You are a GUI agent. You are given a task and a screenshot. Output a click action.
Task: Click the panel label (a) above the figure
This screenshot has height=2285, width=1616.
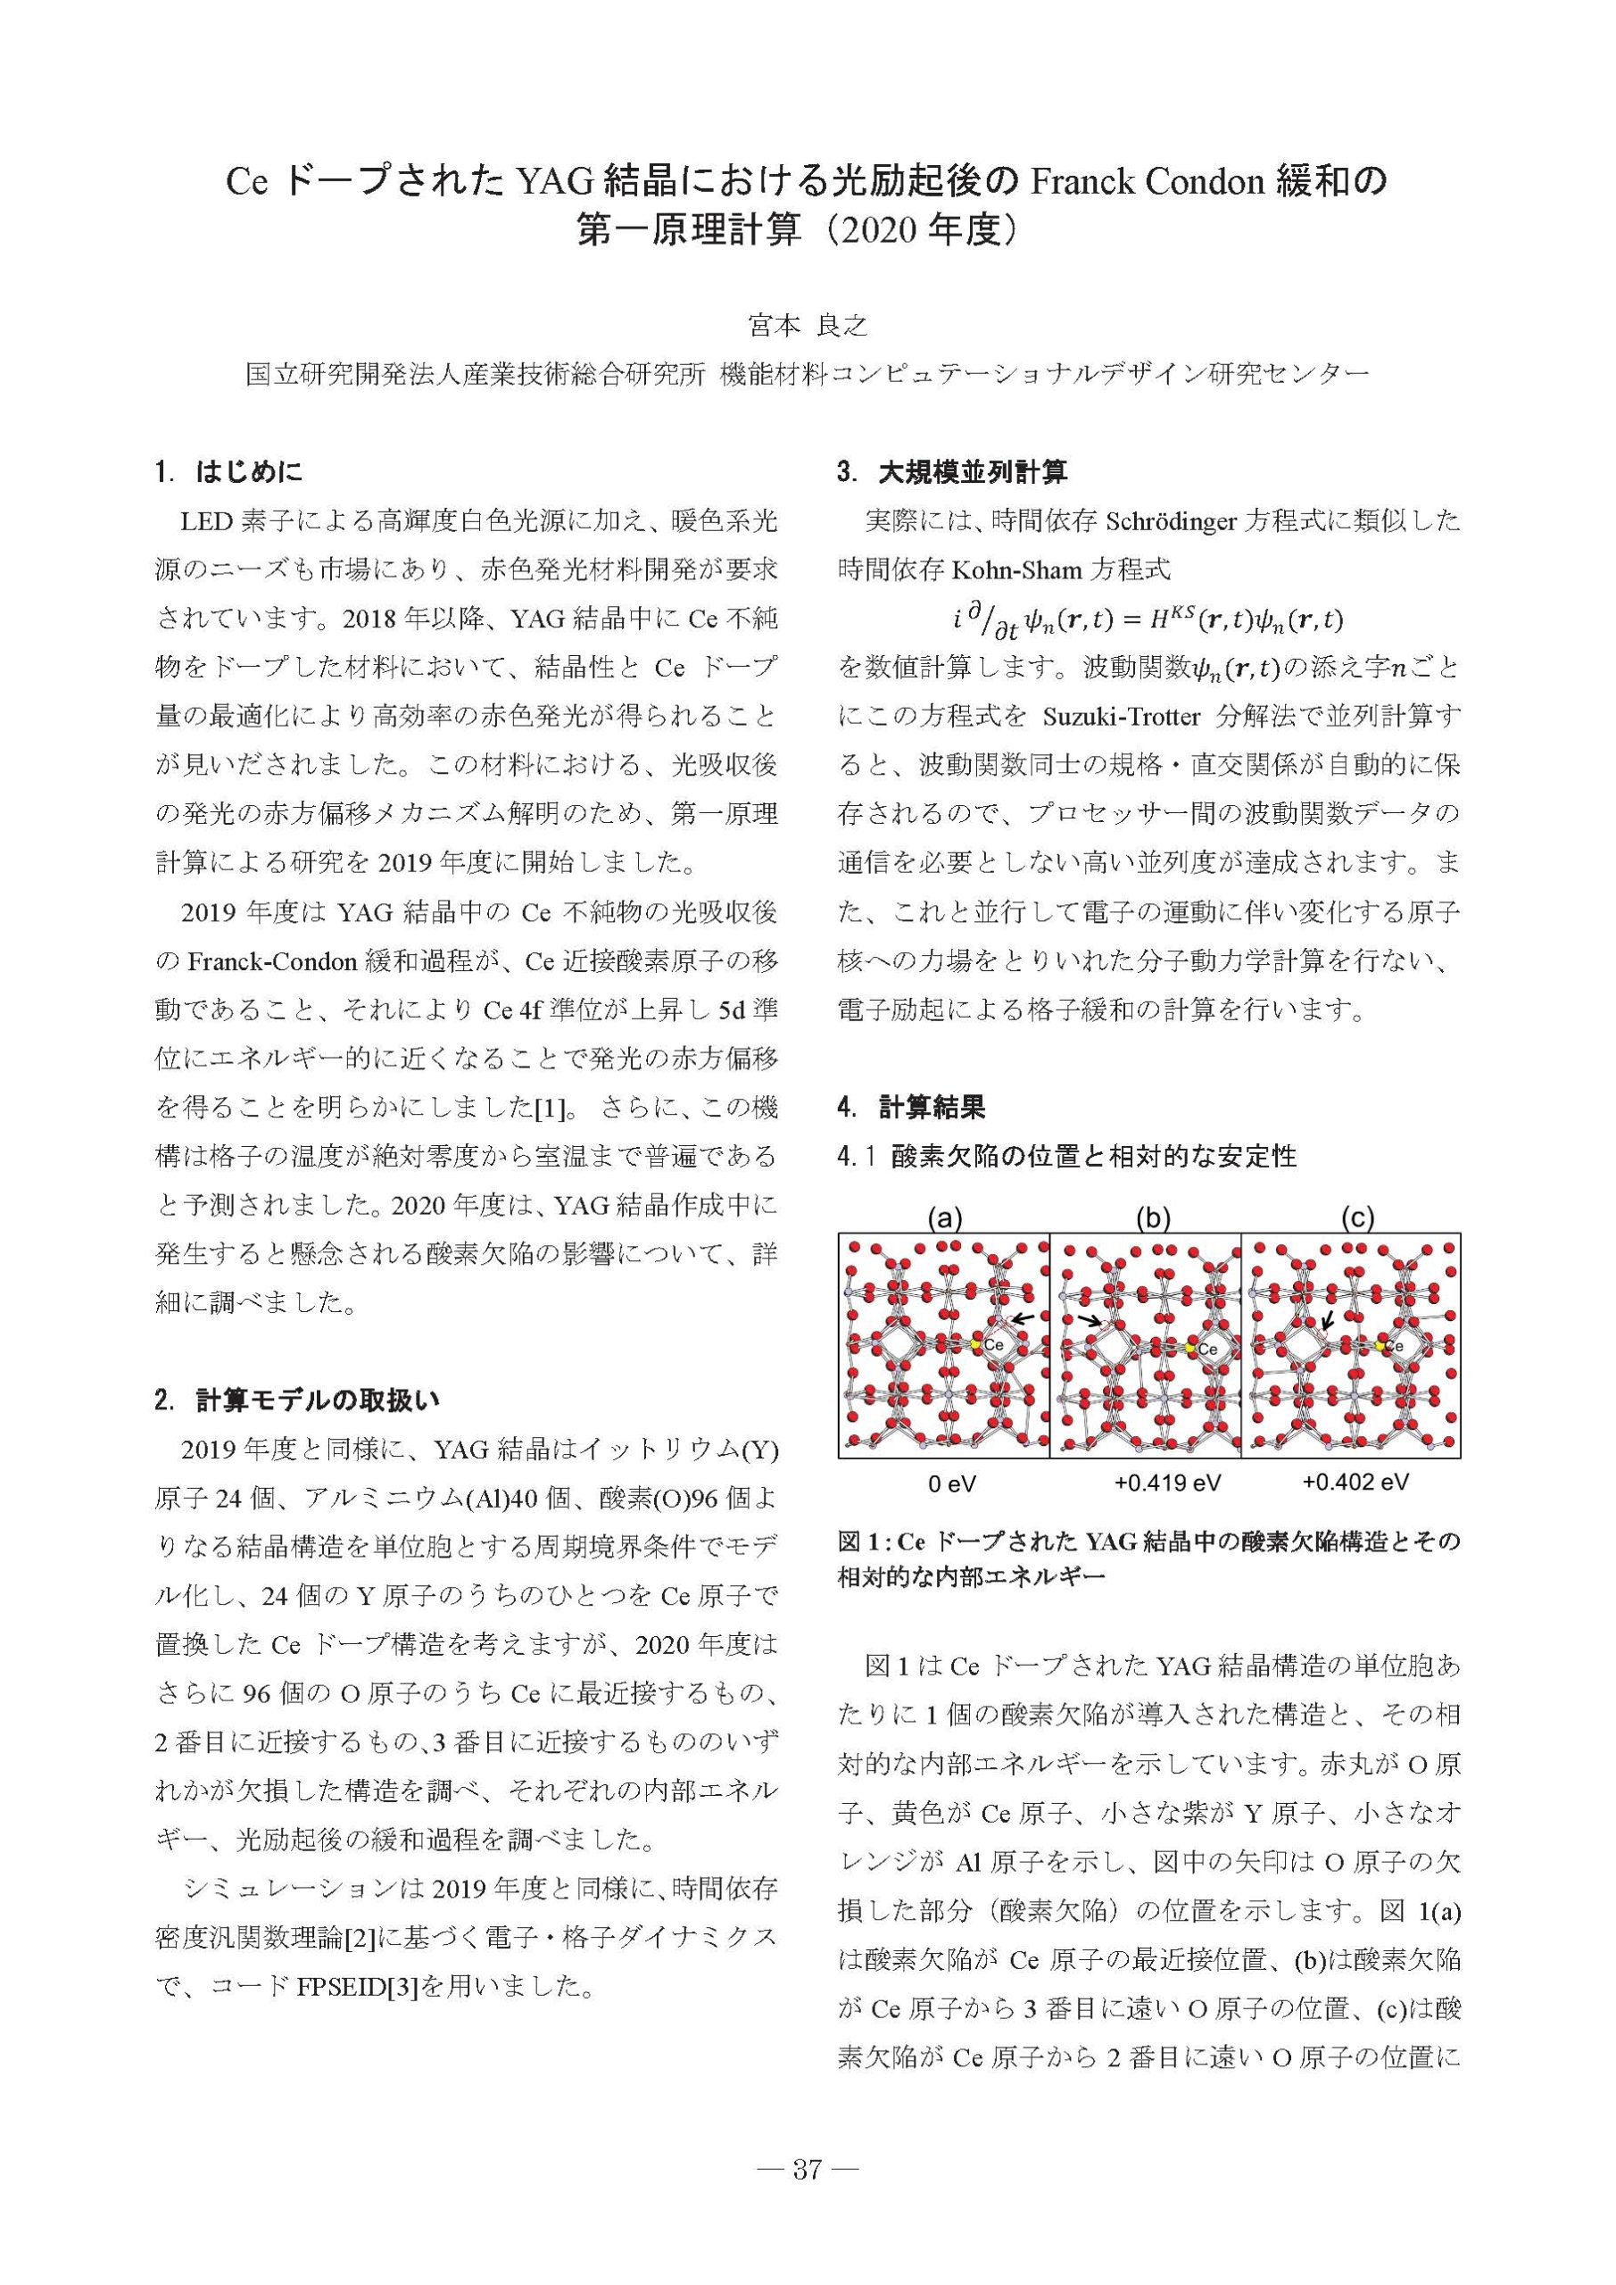943,1217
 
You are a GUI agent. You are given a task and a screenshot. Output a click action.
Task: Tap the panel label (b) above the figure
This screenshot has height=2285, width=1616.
1152,1217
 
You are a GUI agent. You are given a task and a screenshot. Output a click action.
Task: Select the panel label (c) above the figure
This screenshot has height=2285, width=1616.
1357,1217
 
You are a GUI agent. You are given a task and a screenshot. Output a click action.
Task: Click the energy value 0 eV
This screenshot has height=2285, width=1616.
951,1483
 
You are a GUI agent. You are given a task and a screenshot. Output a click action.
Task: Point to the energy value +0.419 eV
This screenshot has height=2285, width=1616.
1167,1483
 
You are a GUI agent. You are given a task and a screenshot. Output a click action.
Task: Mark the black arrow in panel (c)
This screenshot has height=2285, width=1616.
1328,1319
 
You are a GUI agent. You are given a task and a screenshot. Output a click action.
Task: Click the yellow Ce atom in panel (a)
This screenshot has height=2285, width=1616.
977,1344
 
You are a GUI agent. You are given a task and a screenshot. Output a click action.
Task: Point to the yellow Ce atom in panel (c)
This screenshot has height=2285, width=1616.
1381,1345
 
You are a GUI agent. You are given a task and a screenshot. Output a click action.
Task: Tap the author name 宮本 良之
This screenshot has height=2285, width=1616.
807,326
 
